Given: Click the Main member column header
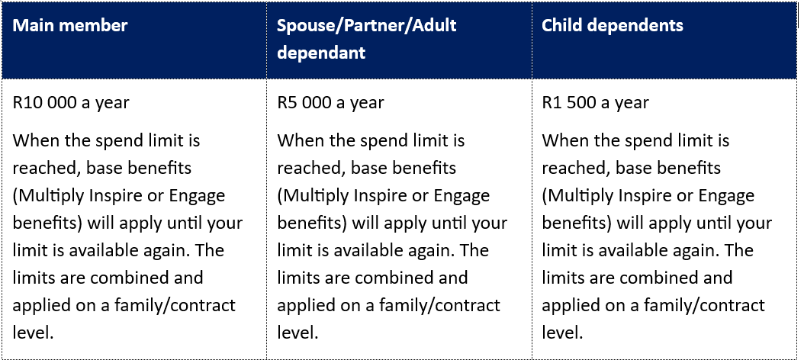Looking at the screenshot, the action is pos(69,25).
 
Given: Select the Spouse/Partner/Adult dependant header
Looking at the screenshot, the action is pos(367,38).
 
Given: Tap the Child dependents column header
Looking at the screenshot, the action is pos(613,25).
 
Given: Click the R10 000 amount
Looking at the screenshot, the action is pos(44,102).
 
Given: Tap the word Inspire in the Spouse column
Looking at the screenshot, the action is pos(381,197).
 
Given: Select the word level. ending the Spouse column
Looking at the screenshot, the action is pos(298,333).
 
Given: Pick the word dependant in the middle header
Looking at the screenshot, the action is pos(321,53).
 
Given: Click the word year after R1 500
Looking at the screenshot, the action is pos(632,103).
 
